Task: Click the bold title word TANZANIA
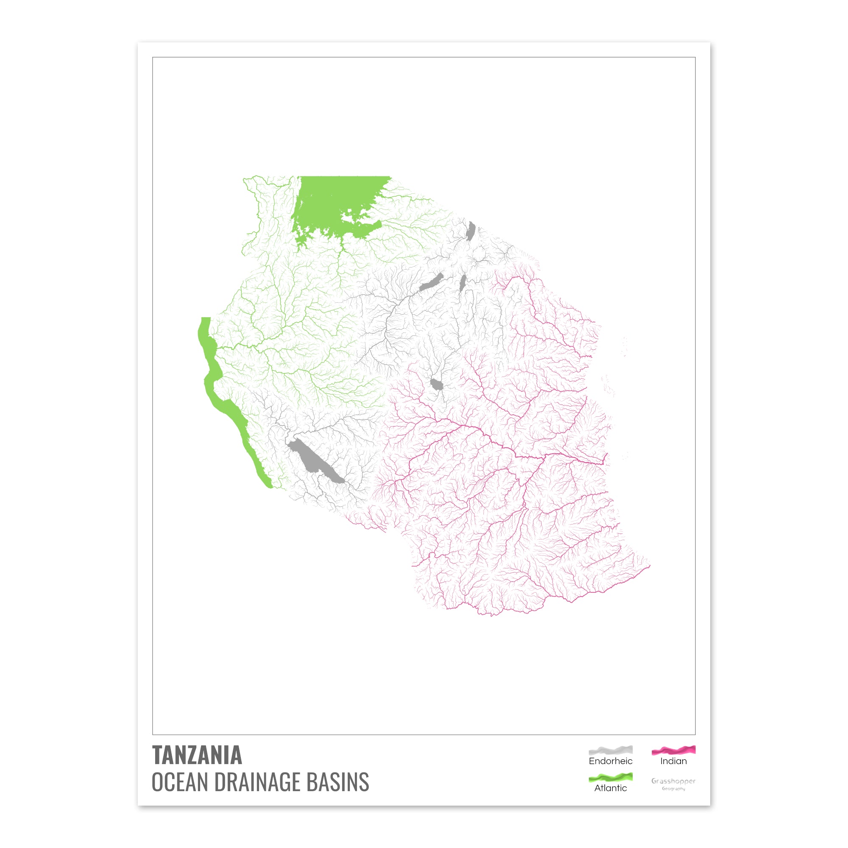pyautogui.click(x=197, y=755)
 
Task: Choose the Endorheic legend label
pyautogui.click(x=611, y=761)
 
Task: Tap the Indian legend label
pyautogui.click(x=673, y=761)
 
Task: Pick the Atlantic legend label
pyautogui.click(x=611, y=788)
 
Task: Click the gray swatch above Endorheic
pyautogui.click(x=611, y=750)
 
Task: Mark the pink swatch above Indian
pyautogui.click(x=673, y=750)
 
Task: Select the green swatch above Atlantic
pyautogui.click(x=611, y=777)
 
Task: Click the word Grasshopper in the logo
pyautogui.click(x=673, y=781)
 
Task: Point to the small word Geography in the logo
pyautogui.click(x=673, y=789)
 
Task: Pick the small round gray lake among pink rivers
pyautogui.click(x=436, y=385)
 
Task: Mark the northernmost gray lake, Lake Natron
pyautogui.click(x=471, y=230)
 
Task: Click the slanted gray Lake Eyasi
pyautogui.click(x=431, y=282)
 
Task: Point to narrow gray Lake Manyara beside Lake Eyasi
pyautogui.click(x=462, y=283)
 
